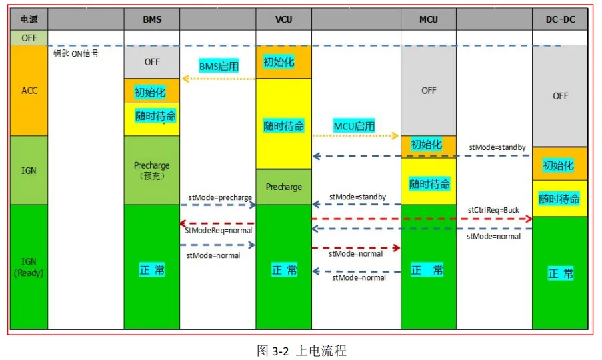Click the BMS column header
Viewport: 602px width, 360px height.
click(x=152, y=19)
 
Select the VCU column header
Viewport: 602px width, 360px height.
click(x=284, y=19)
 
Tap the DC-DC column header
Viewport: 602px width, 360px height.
click(x=560, y=19)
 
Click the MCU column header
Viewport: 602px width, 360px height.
click(x=429, y=19)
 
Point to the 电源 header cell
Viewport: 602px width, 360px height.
click(x=29, y=19)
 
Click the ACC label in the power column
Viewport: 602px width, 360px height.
click(x=29, y=91)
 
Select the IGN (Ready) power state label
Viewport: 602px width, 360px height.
click(x=29, y=266)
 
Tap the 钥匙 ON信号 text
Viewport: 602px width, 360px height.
click(x=76, y=54)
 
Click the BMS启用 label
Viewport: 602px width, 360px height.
click(x=219, y=66)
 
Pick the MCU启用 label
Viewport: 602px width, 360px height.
click(x=354, y=125)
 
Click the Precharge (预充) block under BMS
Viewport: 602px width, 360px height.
click(x=152, y=170)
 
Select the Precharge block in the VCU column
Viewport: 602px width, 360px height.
click(x=284, y=187)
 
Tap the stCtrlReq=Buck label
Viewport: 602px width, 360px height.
click(x=493, y=210)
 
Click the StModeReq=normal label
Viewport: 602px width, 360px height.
click(x=219, y=231)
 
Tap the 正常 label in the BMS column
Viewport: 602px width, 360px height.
click(x=151, y=270)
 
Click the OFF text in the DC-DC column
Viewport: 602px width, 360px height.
click(x=560, y=96)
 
